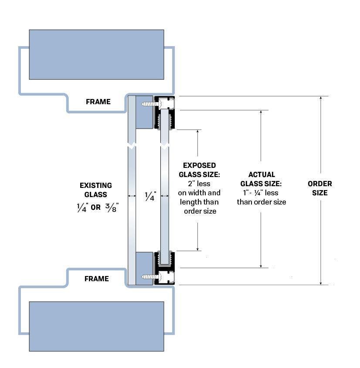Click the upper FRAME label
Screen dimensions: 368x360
pyautogui.click(x=98, y=102)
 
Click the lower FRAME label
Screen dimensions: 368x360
pyautogui.click(x=96, y=279)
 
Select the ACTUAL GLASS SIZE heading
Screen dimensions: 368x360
pyautogui.click(x=262, y=179)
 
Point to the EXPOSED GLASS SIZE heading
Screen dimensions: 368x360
pyautogui.click(x=199, y=170)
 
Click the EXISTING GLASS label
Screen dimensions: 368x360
pyautogui.click(x=95, y=190)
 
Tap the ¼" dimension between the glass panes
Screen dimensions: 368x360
pyautogui.click(x=149, y=198)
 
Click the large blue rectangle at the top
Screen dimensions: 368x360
pyautogui.click(x=96, y=55)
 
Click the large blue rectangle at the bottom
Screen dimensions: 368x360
pyautogui.click(x=96, y=326)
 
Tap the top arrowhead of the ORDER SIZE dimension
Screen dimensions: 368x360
pyautogui.click(x=321, y=99)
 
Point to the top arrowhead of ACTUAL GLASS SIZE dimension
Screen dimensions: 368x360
pyautogui.click(x=261, y=112)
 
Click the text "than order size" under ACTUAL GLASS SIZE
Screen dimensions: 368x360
pyautogui.click(x=262, y=202)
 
